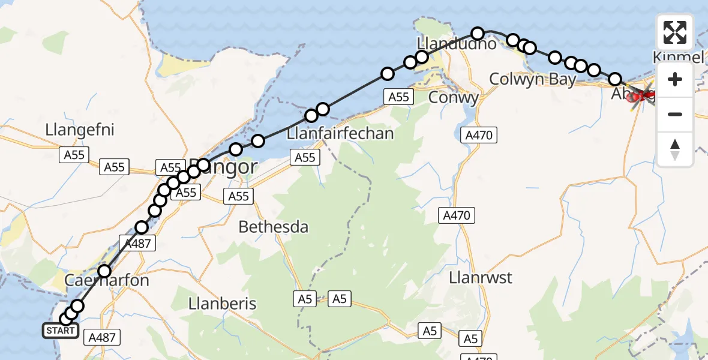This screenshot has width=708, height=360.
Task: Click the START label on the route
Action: (x=60, y=331)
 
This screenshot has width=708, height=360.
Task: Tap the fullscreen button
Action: (x=675, y=32)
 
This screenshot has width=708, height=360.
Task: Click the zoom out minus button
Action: (x=675, y=114)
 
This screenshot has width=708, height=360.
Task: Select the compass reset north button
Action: (x=675, y=149)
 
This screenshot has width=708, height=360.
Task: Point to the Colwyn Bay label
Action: (x=533, y=79)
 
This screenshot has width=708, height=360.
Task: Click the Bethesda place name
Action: (x=274, y=227)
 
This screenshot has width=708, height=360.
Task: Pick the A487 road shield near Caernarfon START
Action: (x=101, y=337)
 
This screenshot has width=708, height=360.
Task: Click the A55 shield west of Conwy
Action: (x=398, y=97)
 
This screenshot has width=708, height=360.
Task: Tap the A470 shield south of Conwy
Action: (x=478, y=136)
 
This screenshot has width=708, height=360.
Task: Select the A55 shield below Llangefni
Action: (x=74, y=155)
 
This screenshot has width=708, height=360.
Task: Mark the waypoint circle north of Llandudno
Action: (x=477, y=34)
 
